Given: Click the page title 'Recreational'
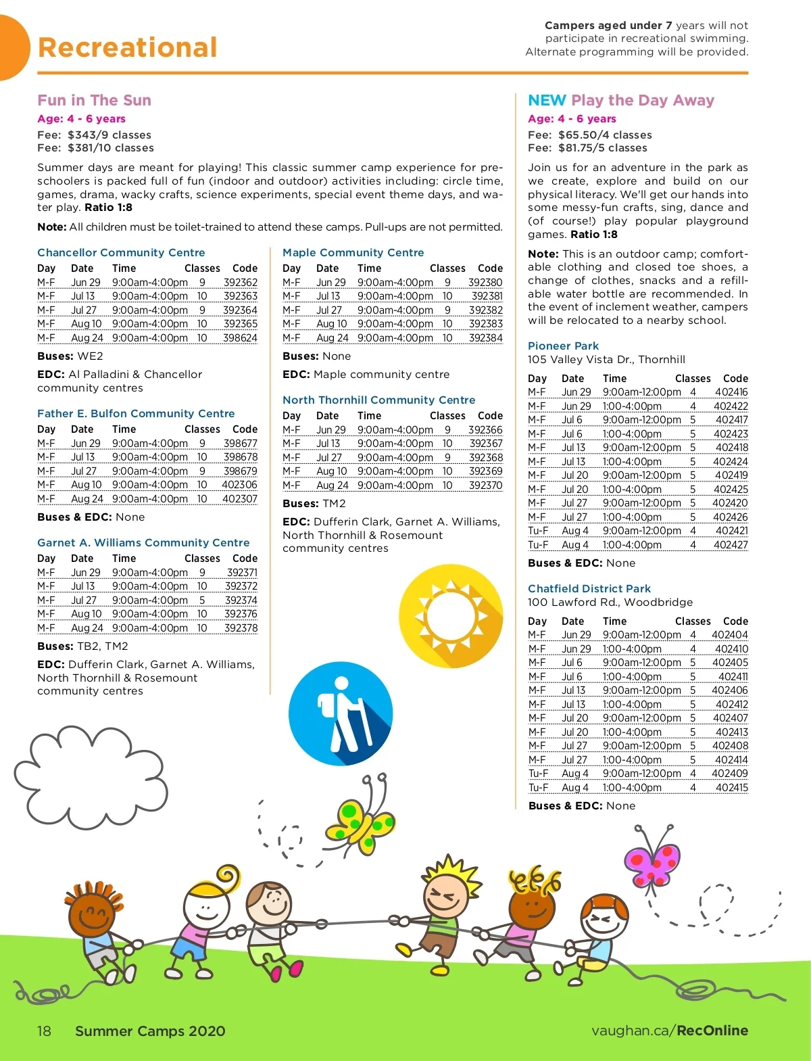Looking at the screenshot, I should [x=128, y=47].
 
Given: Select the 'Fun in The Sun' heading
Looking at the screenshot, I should [x=94, y=100].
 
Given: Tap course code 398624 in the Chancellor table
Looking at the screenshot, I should [x=240, y=337].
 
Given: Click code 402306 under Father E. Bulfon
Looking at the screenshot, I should [x=239, y=485].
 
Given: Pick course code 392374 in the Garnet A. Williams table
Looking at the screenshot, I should [x=241, y=600].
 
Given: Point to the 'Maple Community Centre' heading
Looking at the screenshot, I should [x=353, y=252].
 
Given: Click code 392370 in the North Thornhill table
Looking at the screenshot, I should [x=485, y=485].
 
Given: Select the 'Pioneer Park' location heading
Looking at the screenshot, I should [x=563, y=346].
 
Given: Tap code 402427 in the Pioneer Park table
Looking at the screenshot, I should [x=731, y=544].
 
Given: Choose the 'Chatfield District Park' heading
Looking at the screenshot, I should [x=589, y=588].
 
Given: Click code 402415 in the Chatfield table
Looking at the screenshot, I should [x=731, y=787].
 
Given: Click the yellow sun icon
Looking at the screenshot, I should [x=451, y=616].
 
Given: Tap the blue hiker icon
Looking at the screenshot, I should [x=341, y=713].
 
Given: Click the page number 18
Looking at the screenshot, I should [x=44, y=1031].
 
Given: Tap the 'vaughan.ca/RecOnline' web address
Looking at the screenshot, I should [x=669, y=1031].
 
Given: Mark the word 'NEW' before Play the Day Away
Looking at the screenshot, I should [x=546, y=100].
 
